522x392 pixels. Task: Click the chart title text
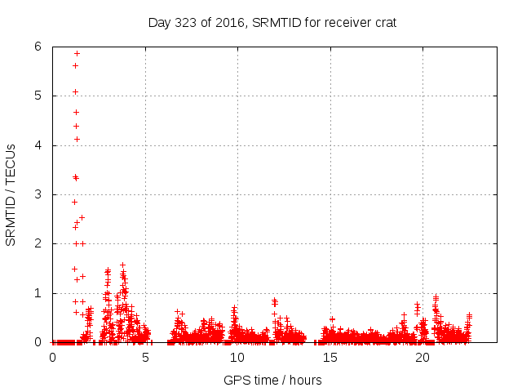272,22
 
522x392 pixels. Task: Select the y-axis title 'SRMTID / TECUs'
11,194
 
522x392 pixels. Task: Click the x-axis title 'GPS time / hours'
272,380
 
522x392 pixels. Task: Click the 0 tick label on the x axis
53,358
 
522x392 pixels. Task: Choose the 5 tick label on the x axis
145,358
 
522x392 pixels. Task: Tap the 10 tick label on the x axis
237,358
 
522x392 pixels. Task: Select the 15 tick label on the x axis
330,358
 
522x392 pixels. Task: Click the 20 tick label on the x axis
422,358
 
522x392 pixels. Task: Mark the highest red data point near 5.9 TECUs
77,53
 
